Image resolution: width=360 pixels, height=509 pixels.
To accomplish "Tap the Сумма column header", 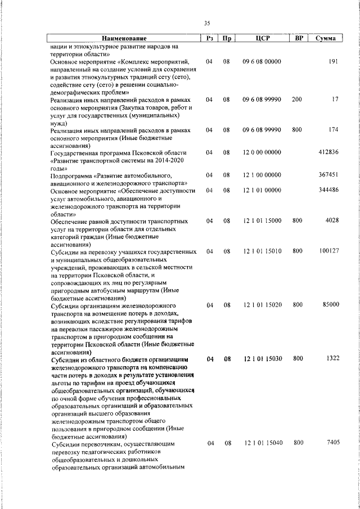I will pos(326,38).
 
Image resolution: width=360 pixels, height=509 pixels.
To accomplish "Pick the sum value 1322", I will pos(331,358).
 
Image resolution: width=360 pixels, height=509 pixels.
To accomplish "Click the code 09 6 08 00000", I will pos(262,61).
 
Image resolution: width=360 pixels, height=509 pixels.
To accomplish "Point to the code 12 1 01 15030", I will pos(262,358).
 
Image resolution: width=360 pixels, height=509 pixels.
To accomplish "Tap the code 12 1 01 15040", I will pos(262,443).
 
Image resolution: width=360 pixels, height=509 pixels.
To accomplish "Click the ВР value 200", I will pos(297,99).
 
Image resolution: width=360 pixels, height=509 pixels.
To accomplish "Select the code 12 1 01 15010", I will pos(262,251).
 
